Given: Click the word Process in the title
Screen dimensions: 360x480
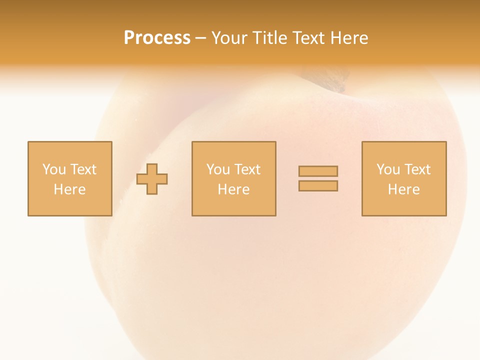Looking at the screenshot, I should tap(157, 38).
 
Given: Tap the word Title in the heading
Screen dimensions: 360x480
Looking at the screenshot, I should tap(270, 38).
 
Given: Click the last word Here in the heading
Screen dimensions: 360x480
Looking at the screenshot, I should tap(349, 38).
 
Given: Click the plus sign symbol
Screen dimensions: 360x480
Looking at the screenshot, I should tap(152, 179).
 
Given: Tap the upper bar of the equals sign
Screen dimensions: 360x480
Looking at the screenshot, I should tap(318, 171).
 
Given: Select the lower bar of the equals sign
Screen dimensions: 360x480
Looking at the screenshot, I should tap(318, 186).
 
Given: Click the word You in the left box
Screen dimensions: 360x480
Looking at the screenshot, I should tap(53, 169).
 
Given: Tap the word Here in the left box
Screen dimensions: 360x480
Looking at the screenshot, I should tap(69, 189).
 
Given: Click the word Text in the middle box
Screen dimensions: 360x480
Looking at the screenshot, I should tap(247, 169).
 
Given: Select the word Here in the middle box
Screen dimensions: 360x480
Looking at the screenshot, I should tap(233, 189).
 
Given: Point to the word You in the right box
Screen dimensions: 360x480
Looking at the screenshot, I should tap(388, 169).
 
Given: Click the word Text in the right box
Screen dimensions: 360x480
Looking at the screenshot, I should tap(417, 169).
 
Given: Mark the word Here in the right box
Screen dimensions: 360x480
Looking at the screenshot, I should tap(404, 189).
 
